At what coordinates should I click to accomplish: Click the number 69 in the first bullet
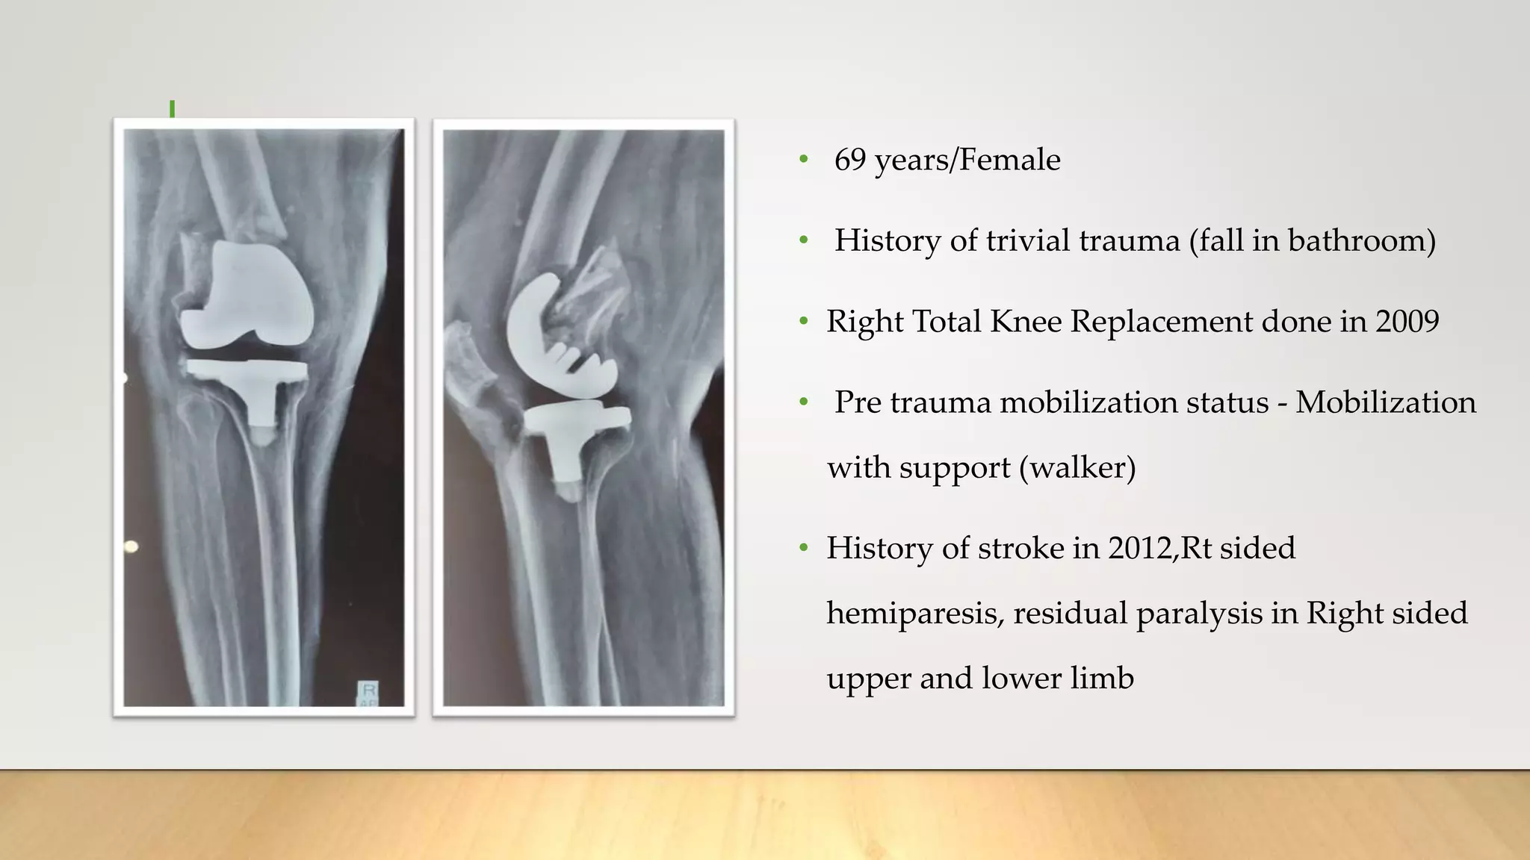coord(849,160)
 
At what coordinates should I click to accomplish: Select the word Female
coord(1009,160)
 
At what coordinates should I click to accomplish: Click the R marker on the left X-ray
coord(368,690)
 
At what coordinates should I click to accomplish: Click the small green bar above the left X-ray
coord(173,109)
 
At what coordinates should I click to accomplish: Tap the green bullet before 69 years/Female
coord(804,159)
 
